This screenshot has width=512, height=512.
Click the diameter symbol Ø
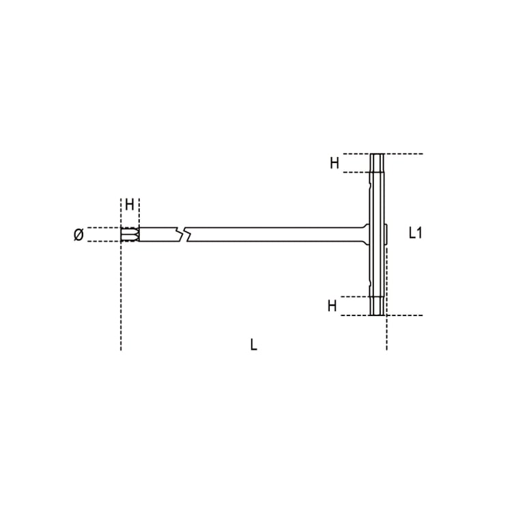pyautogui.click(x=78, y=235)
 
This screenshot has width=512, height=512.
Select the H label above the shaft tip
pyautogui.click(x=129, y=205)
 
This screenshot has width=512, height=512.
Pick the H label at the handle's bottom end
pyautogui.click(x=332, y=306)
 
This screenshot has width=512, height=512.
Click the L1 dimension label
pyautogui.click(x=416, y=233)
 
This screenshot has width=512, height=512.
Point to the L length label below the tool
pyautogui.click(x=253, y=345)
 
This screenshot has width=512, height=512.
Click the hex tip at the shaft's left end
pyautogui.click(x=129, y=234)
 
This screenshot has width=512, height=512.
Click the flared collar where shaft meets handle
pyautogui.click(x=363, y=234)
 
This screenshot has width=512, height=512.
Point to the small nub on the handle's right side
pyautogui.click(x=386, y=234)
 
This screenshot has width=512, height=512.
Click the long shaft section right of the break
pyautogui.click(x=273, y=234)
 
